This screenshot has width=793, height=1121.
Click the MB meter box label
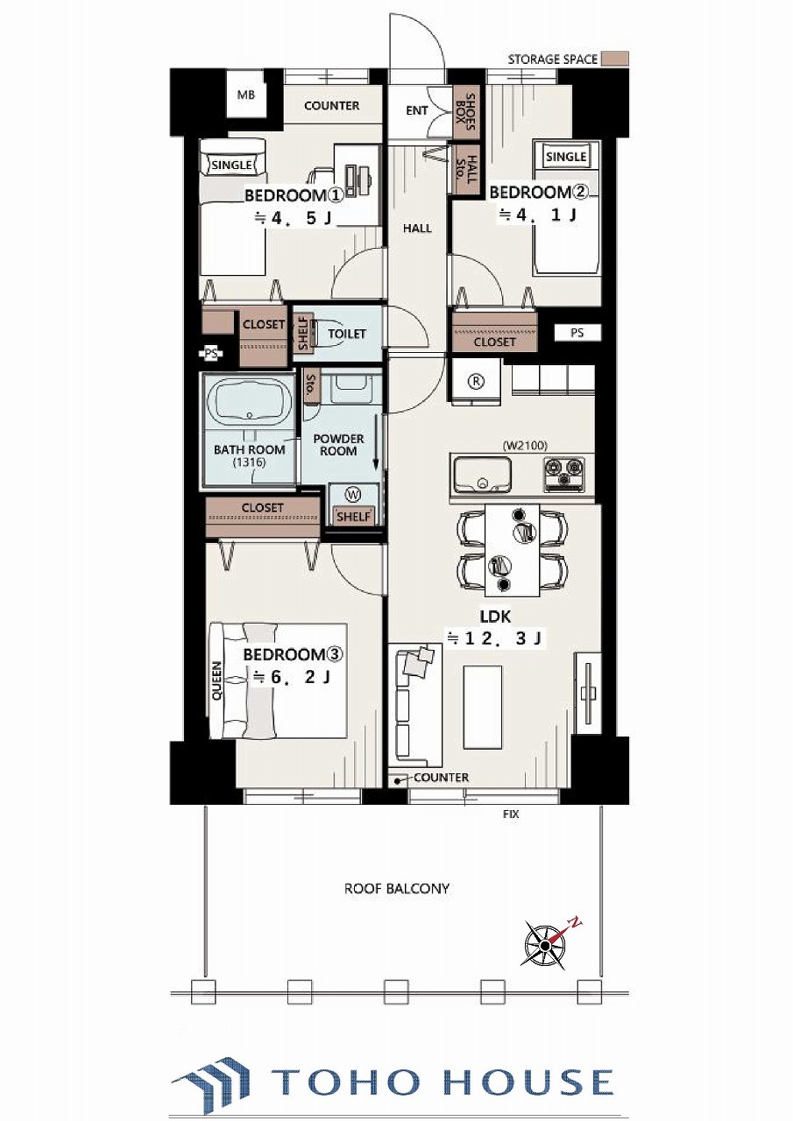[245, 95]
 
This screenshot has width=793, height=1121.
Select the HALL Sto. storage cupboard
[465, 170]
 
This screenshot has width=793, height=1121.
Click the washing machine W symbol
[353, 495]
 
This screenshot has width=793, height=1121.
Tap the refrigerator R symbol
[476, 381]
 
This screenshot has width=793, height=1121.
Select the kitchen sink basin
[482, 475]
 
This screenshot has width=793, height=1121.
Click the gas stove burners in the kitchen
[563, 472]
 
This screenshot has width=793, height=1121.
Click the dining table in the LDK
[512, 550]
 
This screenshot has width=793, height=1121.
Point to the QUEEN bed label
[217, 682]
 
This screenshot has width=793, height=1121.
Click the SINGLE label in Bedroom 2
[566, 157]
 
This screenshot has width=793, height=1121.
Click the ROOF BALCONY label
[396, 889]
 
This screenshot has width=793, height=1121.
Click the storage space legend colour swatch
[615, 59]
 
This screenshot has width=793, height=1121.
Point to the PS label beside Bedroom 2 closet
[577, 333]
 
